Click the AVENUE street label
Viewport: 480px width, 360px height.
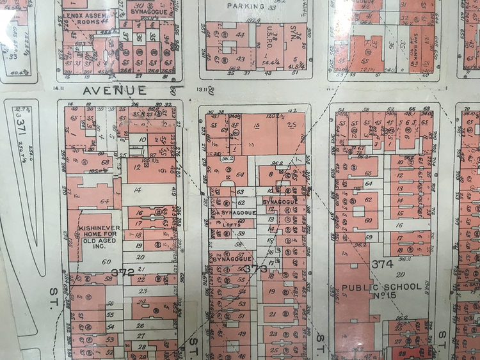[115, 91]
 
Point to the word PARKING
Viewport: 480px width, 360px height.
[246, 6]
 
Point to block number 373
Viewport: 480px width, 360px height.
[255, 269]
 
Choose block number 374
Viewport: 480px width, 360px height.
[382, 264]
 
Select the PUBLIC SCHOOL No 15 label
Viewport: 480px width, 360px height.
[382, 292]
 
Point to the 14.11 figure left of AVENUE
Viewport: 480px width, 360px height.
[60, 81]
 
